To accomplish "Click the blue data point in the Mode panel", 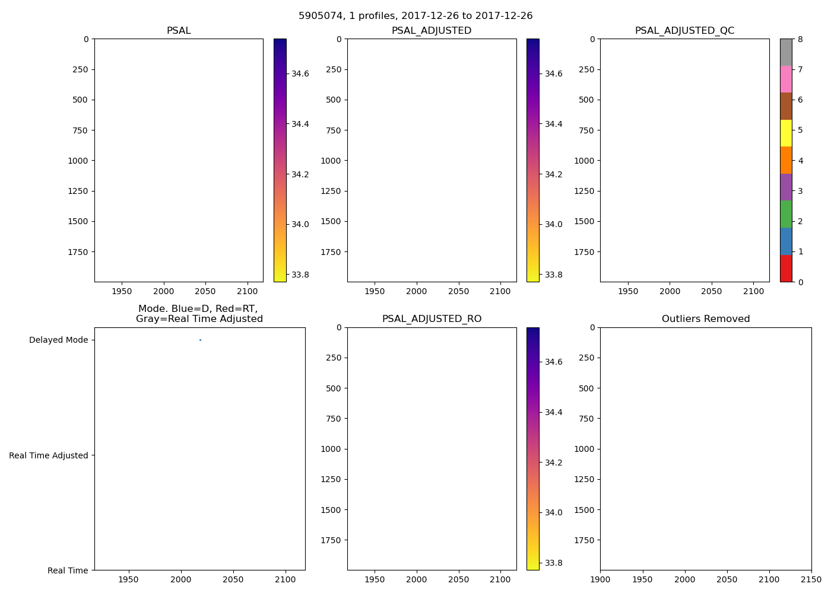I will point(200,340).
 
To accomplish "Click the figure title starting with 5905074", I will point(415,16).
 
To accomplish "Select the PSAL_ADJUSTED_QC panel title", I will point(684,31).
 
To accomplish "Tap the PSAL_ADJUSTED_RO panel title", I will point(432,319).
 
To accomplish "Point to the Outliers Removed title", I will point(706,319).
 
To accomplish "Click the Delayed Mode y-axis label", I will point(58,340).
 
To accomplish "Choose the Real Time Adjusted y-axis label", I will point(49,455).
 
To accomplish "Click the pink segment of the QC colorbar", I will point(786,79).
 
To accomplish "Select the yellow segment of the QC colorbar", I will point(786,133).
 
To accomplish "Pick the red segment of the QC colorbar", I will point(786,268).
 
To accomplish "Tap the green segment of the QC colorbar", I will point(786,214).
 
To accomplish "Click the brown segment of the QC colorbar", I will point(786,106).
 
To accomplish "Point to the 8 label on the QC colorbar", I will point(800,39).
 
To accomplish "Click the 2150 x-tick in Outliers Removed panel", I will point(811,580).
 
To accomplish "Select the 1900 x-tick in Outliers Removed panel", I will point(600,580).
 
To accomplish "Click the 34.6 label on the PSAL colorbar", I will point(300,74).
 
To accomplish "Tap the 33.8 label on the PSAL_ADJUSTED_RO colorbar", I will point(553,563).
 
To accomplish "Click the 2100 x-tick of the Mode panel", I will point(286,580).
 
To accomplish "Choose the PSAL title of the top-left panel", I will point(179,31).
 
